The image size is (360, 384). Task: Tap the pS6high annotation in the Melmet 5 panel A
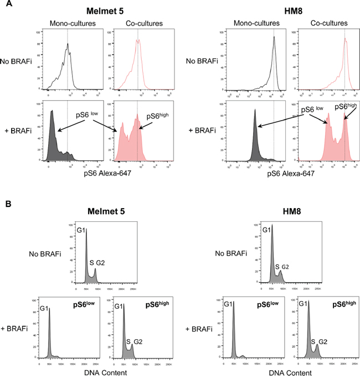coord(157,116)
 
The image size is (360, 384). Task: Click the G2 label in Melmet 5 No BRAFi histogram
coord(100,262)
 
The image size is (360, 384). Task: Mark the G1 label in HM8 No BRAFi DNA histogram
coord(266,230)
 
